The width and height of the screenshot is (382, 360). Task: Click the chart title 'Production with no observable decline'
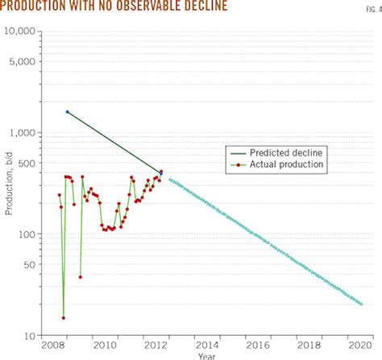pos(114,7)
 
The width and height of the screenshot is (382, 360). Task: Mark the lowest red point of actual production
pos(63,317)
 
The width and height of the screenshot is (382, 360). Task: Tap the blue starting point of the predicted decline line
pos(67,112)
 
